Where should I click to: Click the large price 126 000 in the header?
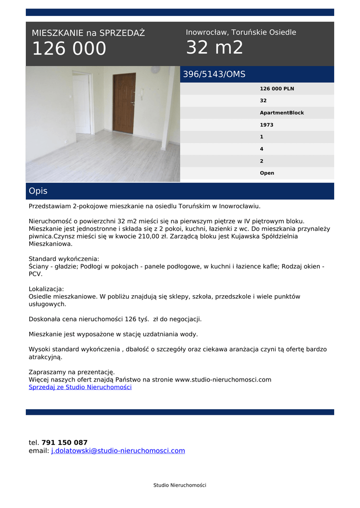click(69, 49)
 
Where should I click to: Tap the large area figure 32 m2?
click(215, 48)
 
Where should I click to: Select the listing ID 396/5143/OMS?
click(214, 74)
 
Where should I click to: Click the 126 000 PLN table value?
click(277, 89)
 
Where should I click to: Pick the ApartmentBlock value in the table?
click(282, 113)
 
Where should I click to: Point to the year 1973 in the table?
click(267, 125)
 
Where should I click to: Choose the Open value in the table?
click(267, 173)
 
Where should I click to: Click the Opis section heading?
click(38, 191)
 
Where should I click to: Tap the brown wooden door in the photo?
click(124, 103)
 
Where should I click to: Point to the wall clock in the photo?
click(155, 70)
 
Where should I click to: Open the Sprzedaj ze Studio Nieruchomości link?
click(80, 387)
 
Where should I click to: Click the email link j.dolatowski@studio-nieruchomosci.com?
click(118, 450)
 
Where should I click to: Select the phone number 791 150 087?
click(65, 443)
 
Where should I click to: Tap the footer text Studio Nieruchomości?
click(180, 485)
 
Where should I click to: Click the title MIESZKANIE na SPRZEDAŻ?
click(88, 33)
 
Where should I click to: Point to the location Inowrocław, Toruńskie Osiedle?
click(241, 32)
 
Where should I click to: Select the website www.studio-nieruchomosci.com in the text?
click(223, 380)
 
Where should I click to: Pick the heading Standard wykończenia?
click(64, 259)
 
